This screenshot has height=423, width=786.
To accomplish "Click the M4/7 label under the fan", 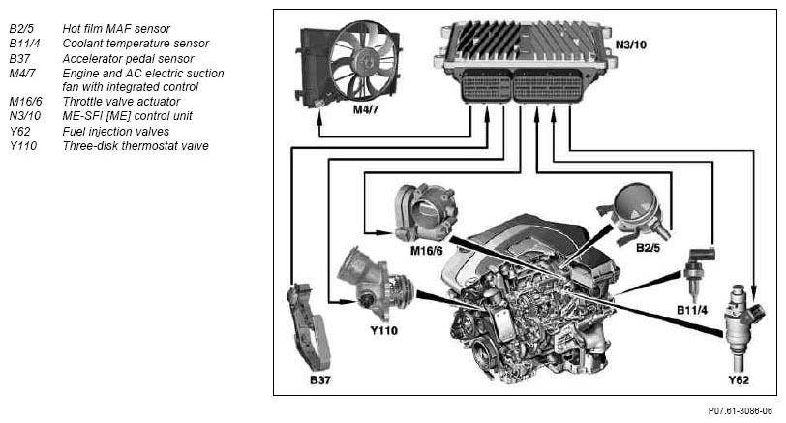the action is pyautogui.click(x=366, y=109).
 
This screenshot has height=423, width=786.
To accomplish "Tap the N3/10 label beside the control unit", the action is pyautogui.click(x=630, y=45).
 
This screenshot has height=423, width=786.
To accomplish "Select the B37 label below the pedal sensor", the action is pyautogui.click(x=319, y=379).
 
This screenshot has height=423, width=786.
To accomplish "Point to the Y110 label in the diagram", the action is pyautogui.click(x=383, y=330).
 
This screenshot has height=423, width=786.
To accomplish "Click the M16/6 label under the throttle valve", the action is pyautogui.click(x=427, y=250).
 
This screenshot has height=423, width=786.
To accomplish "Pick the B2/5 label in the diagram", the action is pyautogui.click(x=648, y=248).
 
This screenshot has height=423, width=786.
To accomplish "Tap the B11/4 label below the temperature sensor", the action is pyautogui.click(x=692, y=310).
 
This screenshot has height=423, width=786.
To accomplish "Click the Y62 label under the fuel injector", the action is pyautogui.click(x=739, y=379).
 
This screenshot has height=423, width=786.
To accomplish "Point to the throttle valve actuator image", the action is pyautogui.click(x=426, y=212).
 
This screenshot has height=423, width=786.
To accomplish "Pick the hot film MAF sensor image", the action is pyautogui.click(x=634, y=213).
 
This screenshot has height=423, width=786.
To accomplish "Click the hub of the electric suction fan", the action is pyautogui.click(x=362, y=61).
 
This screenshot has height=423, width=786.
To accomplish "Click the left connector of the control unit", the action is pyautogui.click(x=485, y=86).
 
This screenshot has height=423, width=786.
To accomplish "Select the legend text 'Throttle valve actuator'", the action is pyautogui.click(x=121, y=102).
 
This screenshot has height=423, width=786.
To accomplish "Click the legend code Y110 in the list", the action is pyautogui.click(x=23, y=146).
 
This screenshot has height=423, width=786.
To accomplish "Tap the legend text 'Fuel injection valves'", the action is pyautogui.click(x=116, y=132).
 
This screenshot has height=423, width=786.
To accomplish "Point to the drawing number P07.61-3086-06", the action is pyautogui.click(x=741, y=411).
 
